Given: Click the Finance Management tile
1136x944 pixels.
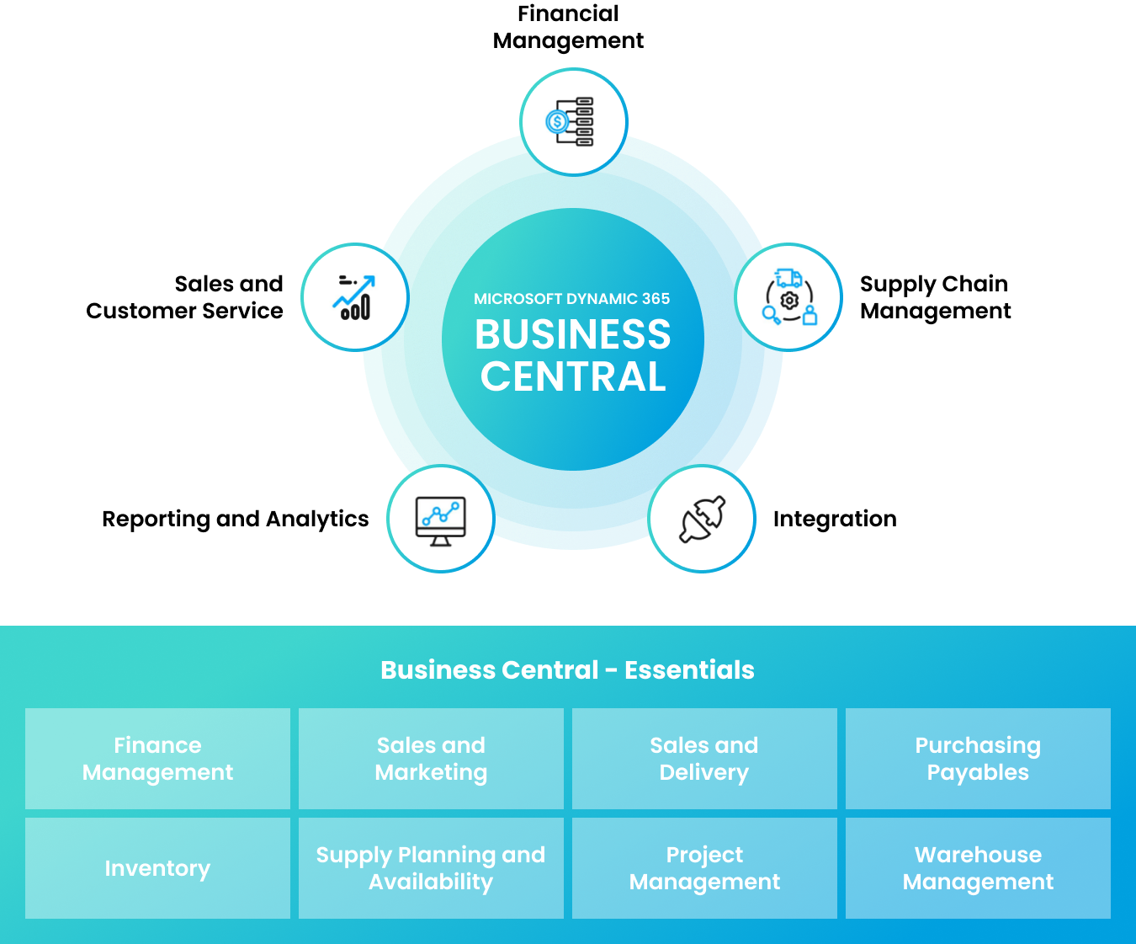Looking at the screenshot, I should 157,759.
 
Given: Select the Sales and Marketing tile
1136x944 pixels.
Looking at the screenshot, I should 431,759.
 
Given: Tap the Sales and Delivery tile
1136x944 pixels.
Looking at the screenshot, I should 704,759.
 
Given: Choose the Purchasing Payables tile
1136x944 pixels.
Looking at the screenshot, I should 978,759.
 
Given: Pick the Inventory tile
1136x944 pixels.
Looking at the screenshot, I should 157,868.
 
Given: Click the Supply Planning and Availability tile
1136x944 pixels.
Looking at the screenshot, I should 431,868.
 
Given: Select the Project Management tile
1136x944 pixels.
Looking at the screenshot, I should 704,868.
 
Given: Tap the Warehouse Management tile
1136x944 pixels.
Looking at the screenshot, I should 978,868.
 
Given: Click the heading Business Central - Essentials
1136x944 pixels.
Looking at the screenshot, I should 567,670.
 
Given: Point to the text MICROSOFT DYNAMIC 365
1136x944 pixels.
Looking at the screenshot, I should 571,299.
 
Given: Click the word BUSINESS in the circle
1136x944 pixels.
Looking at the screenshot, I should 572,335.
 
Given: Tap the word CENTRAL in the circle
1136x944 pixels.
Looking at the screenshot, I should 573,376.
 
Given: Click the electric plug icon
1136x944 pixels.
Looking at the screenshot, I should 703,519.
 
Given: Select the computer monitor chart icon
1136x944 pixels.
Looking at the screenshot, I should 440,520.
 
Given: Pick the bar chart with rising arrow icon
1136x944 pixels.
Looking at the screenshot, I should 354,297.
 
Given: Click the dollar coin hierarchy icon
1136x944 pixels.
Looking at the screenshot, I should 572,121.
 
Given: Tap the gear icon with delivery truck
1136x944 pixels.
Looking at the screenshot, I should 788,297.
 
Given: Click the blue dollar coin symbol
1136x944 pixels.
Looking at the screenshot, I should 557,122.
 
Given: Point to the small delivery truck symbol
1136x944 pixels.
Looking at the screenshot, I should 788,277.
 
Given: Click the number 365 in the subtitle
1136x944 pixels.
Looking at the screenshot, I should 656,299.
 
